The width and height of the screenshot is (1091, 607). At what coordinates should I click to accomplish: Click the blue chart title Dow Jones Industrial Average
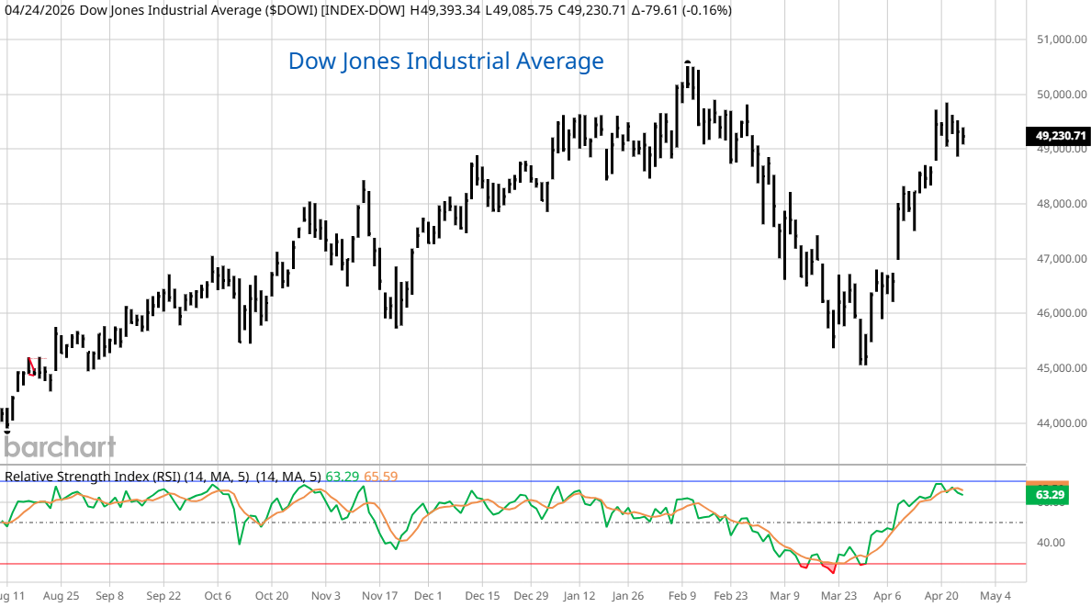pos(445,62)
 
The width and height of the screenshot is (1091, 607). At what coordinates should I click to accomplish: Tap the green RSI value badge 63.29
pos(1050,496)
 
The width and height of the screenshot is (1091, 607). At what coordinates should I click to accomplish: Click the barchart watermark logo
pos(59,447)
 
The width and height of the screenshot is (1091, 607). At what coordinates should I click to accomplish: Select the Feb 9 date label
pos(680,594)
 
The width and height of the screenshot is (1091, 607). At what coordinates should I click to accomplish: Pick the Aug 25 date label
pos(60,594)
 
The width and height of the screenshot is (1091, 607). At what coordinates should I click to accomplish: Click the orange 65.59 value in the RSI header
pos(381,477)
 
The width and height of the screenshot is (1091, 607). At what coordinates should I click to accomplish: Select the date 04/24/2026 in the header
pos(38,10)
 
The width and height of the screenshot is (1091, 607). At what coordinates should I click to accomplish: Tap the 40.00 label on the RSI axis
pos(1048,543)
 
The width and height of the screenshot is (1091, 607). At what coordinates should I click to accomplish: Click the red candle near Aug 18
pos(32,366)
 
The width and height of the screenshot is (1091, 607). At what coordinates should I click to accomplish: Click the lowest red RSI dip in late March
pos(833,571)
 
